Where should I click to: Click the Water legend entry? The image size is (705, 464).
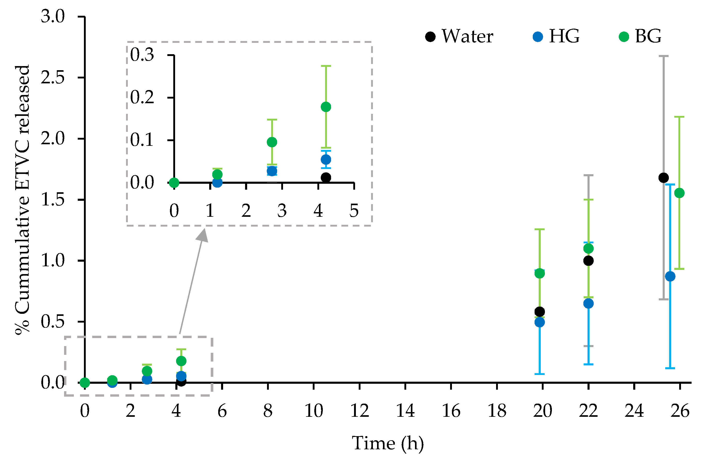click(x=459, y=37)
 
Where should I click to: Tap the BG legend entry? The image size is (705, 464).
click(x=640, y=37)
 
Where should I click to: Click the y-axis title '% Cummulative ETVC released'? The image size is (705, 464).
click(x=22, y=200)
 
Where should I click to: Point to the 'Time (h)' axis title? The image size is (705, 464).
click(x=387, y=443)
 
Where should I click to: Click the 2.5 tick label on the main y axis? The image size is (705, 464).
click(x=52, y=78)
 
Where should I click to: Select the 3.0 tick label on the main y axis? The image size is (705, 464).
click(x=52, y=16)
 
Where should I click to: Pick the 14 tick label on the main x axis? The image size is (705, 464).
click(x=405, y=411)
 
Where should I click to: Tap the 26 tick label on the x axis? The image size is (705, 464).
click(x=680, y=411)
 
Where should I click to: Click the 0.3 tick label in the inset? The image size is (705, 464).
click(x=142, y=55)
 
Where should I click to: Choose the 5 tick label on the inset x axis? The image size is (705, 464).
click(x=354, y=211)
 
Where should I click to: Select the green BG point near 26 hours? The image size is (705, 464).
click(x=679, y=193)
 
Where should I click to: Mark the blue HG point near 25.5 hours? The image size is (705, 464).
click(x=670, y=277)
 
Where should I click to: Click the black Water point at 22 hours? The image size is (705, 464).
click(x=588, y=261)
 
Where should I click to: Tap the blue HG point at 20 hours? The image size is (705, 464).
click(x=540, y=322)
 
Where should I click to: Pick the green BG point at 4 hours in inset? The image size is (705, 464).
click(x=326, y=107)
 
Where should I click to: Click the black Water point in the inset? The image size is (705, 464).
click(x=326, y=178)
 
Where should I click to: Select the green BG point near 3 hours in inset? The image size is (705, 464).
click(x=272, y=142)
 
